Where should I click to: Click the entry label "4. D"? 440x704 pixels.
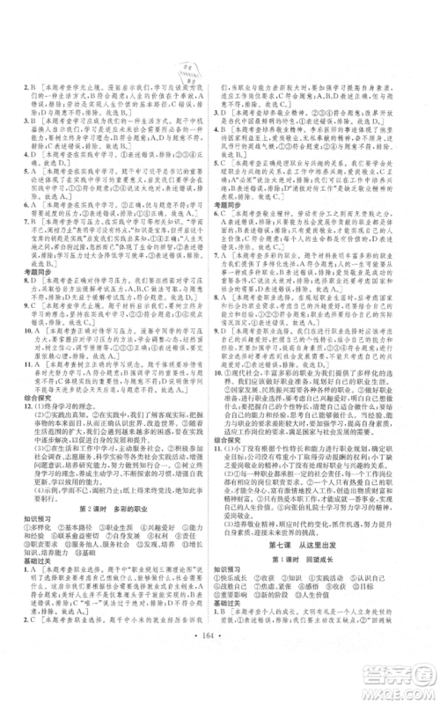pos(29,164)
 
